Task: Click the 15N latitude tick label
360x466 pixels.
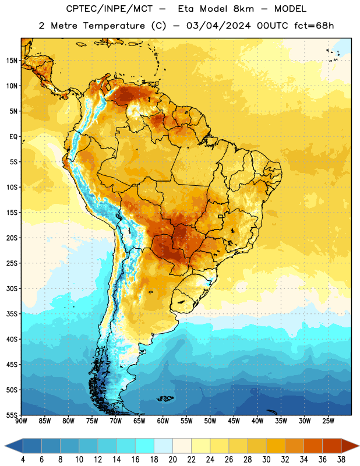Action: pyautogui.click(x=12, y=61)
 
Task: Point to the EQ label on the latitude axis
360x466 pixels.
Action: pyautogui.click(x=13, y=137)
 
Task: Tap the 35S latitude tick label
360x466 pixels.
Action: pyautogui.click(x=12, y=314)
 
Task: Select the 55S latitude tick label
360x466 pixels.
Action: pyautogui.click(x=12, y=415)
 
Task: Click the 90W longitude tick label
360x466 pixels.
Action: pyautogui.click(x=21, y=421)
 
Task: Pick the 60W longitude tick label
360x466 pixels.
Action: pyautogui.click(x=163, y=421)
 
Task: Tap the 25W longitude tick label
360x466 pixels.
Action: pyautogui.click(x=328, y=421)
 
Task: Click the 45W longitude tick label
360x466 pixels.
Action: pyautogui.click(x=234, y=421)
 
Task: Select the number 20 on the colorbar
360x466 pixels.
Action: pyautogui.click(x=172, y=460)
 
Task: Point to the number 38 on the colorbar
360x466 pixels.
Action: pyautogui.click(x=341, y=460)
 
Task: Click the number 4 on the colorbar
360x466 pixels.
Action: pyautogui.click(x=23, y=460)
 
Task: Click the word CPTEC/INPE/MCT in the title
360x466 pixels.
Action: pyautogui.click(x=110, y=9)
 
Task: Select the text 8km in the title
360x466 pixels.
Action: pyautogui.click(x=243, y=9)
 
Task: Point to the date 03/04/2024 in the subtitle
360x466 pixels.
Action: pyautogui.click(x=218, y=26)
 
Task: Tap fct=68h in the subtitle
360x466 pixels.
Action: pyautogui.click(x=314, y=26)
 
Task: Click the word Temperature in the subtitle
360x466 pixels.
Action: pyautogui.click(x=114, y=26)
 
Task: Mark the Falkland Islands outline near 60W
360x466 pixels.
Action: pyautogui.click(x=165, y=398)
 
